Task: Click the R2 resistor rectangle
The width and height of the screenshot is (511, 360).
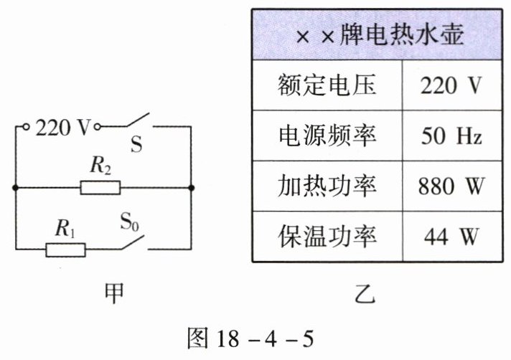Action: point(100,188)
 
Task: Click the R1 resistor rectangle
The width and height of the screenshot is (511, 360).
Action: point(65,250)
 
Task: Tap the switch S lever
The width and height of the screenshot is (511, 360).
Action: point(138,120)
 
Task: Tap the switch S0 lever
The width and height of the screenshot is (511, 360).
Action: point(133,242)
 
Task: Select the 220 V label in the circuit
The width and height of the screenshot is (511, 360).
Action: point(62,127)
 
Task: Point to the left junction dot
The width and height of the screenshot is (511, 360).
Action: point(15,188)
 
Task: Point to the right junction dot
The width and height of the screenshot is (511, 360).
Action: point(192,188)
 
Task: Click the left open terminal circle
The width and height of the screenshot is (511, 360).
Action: point(26,127)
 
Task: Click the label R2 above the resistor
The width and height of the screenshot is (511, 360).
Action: point(100,166)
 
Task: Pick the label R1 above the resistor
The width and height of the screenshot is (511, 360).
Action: point(65,228)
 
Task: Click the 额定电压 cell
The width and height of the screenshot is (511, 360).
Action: point(327,85)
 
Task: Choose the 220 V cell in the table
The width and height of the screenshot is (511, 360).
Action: point(451,85)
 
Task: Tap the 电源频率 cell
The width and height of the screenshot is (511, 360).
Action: point(327,136)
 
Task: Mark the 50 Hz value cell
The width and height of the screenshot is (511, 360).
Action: point(451,136)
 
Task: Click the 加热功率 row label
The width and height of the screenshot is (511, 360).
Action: point(327,186)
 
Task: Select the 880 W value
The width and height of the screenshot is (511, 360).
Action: point(451,186)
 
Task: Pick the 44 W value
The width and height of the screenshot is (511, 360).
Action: point(451,237)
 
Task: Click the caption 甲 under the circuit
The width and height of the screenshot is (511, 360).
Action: point(114,293)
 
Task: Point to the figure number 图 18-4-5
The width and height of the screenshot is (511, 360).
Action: point(250,338)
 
